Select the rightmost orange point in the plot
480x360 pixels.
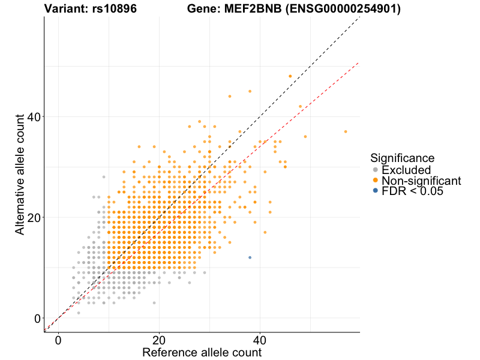346,131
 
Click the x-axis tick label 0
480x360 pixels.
58,340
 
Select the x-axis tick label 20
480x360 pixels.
159,340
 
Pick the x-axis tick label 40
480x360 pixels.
260,340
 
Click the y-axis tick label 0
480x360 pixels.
37,318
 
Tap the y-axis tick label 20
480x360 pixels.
33,217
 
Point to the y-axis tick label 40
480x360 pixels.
33,116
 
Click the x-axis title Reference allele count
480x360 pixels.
202,353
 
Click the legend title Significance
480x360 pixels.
402,158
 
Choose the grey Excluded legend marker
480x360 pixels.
376,170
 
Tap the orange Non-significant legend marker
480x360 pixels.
376,180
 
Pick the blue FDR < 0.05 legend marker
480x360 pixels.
376,190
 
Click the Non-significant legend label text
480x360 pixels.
421,180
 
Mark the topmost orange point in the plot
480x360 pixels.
290,76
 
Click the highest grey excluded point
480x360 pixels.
104,177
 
